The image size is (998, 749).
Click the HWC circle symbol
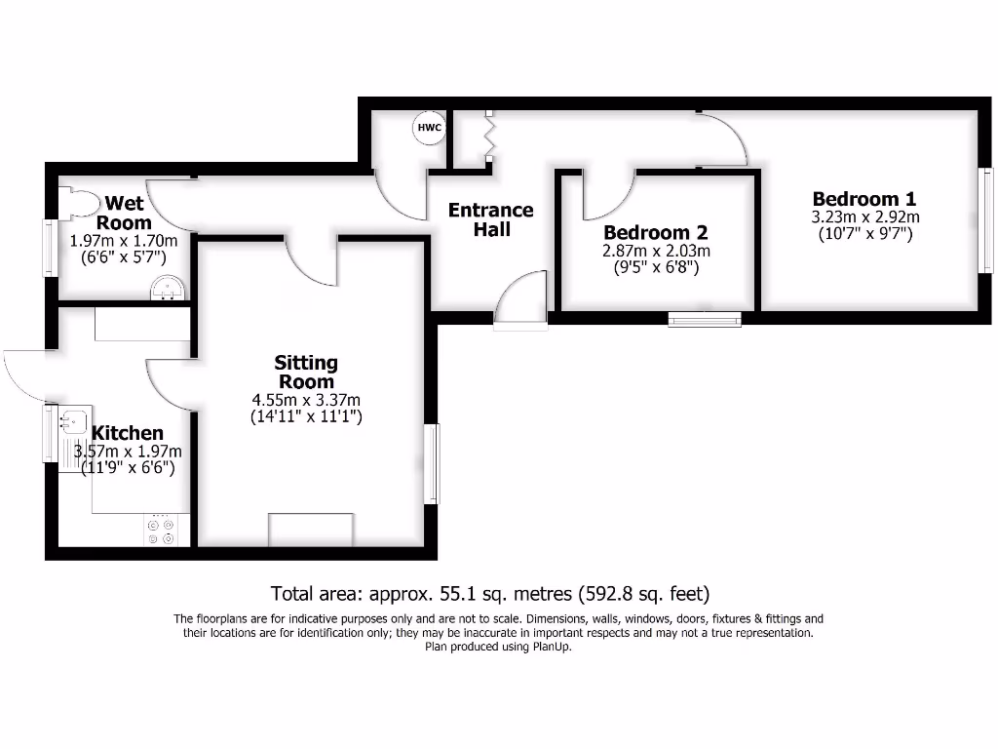click(x=430, y=128)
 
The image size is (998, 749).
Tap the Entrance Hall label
click(x=490, y=219)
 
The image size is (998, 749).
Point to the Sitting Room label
click(x=306, y=372)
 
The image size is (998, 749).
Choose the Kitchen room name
click(x=128, y=433)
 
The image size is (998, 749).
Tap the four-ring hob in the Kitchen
click(x=160, y=531)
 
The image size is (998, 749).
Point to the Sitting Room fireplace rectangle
click(x=310, y=530)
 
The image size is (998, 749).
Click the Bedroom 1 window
click(x=985, y=220)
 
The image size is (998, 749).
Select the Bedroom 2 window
click(x=704, y=318)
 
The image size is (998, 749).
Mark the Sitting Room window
click(x=431, y=463)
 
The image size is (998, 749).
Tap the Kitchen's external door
click(x=26, y=375)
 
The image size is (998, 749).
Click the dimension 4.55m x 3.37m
click(x=306, y=400)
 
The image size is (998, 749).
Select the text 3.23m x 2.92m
click(x=865, y=217)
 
